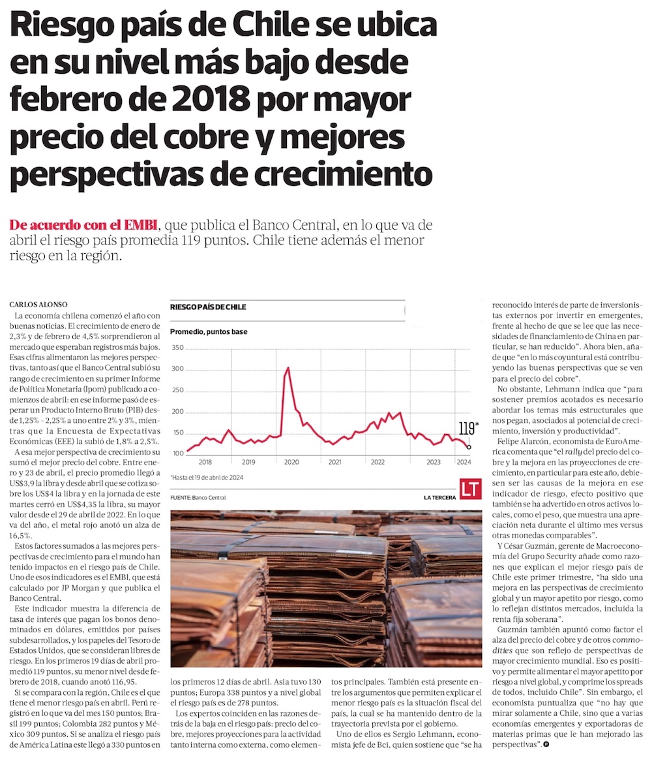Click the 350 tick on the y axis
click(178, 348)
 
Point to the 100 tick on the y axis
click(178, 453)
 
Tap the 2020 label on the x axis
click(291, 461)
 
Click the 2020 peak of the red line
click(288, 368)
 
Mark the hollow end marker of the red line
click(469, 446)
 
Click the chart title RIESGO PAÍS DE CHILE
click(208, 307)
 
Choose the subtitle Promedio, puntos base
click(209, 331)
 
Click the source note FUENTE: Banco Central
click(198, 497)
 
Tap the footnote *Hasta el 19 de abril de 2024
click(207, 477)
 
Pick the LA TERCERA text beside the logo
click(439, 497)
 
